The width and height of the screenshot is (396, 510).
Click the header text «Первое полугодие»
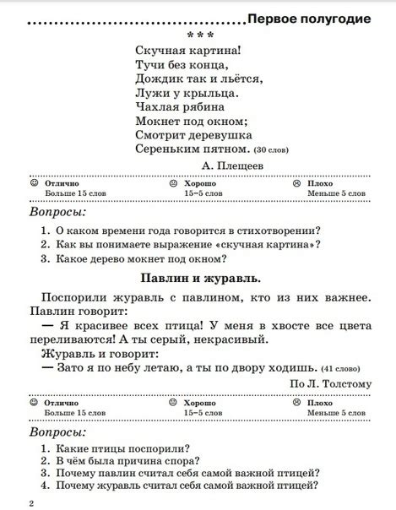(x=310, y=18)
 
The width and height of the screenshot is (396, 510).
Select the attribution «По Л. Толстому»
(x=330, y=384)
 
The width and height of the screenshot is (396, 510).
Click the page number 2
(x=30, y=503)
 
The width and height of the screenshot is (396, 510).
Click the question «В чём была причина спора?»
(x=127, y=460)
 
